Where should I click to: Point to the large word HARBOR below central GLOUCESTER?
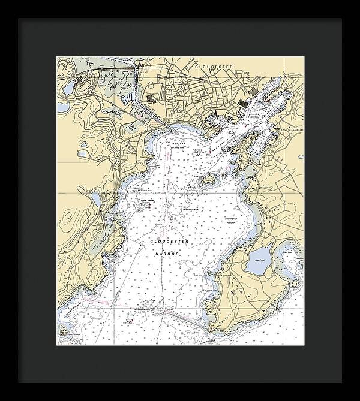pyautogui.click(x=166, y=253)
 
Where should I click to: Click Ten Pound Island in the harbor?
pyautogui.click(x=208, y=180)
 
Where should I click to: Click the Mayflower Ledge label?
pyautogui.click(x=191, y=209)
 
